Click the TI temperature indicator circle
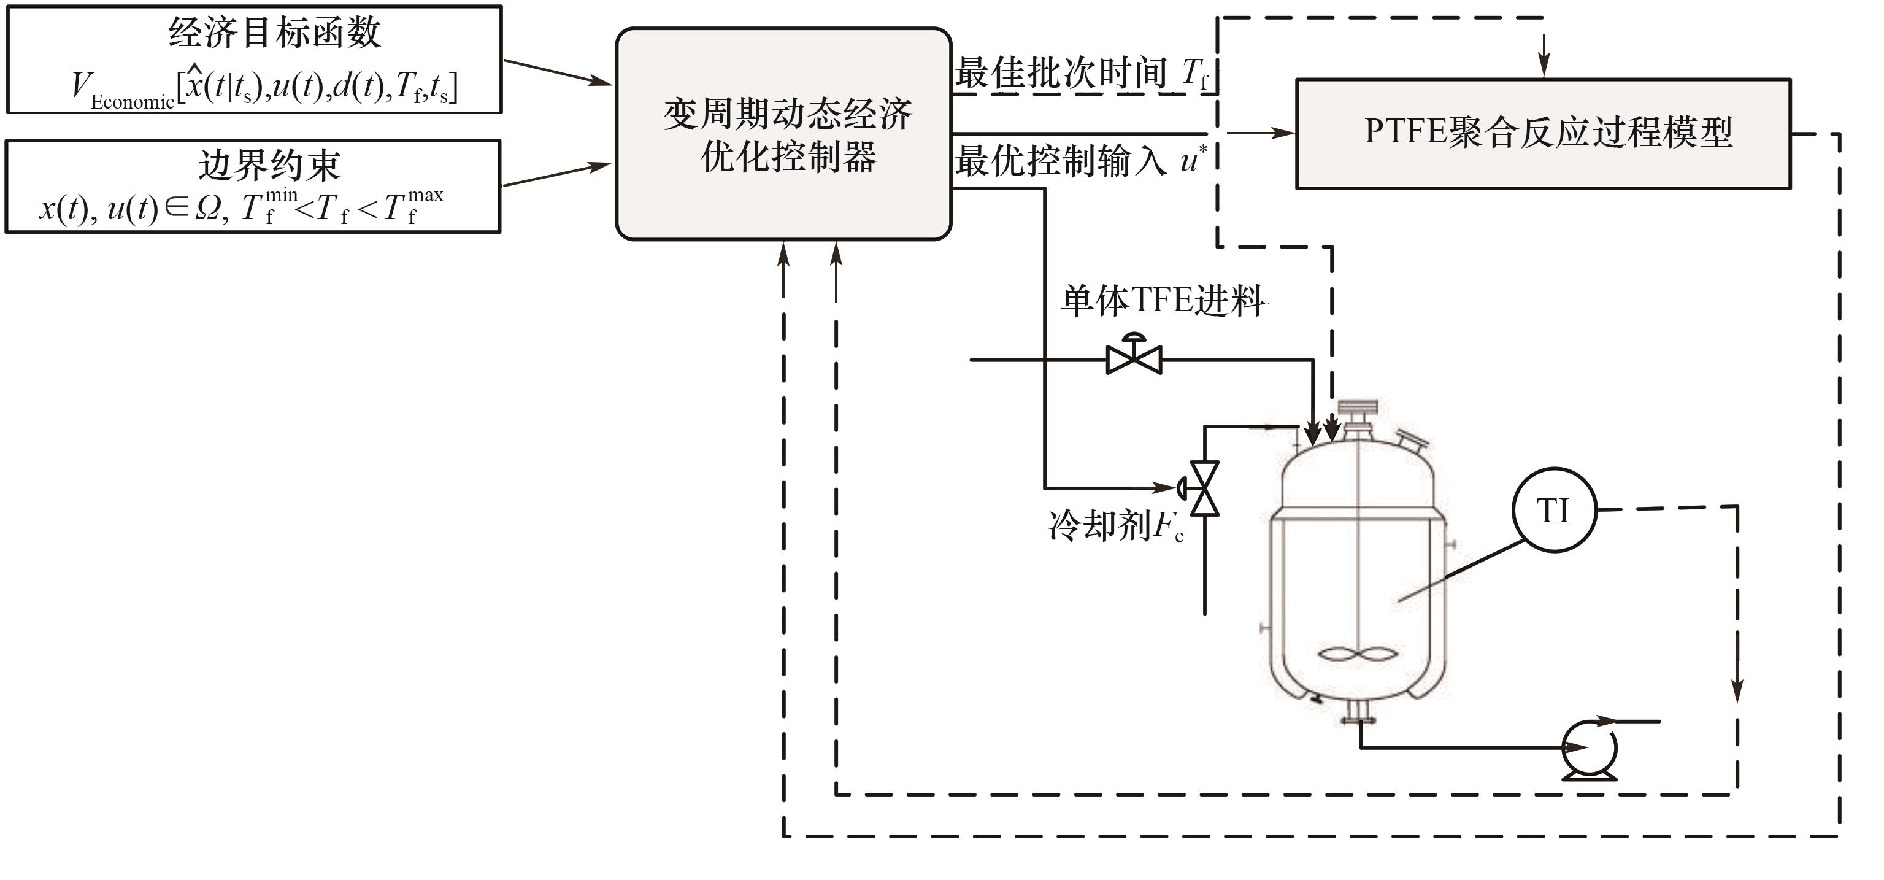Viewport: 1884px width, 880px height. (x=1553, y=510)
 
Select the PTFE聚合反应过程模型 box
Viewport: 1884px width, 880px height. (x=1543, y=133)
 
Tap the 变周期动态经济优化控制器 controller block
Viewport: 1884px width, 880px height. (x=783, y=134)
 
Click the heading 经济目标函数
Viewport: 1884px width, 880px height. (x=274, y=33)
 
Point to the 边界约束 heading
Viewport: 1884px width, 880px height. (x=269, y=165)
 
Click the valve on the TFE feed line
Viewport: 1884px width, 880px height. (x=1134, y=358)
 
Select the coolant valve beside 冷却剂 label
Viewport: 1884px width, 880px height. (x=1204, y=488)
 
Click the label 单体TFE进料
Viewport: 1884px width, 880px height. (x=1163, y=301)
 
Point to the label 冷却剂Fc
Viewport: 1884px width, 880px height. (x=1116, y=525)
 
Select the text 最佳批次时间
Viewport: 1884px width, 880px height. (x=1061, y=73)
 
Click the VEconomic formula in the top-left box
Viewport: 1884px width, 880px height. (x=263, y=89)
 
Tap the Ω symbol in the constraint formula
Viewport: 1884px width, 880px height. (x=208, y=210)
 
